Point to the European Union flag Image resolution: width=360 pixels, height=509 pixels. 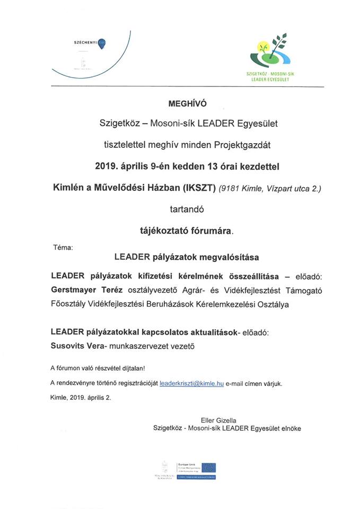tap(208, 468)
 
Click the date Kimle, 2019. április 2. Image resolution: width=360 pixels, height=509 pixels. tap(81, 397)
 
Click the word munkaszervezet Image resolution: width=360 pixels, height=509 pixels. tap(146, 346)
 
